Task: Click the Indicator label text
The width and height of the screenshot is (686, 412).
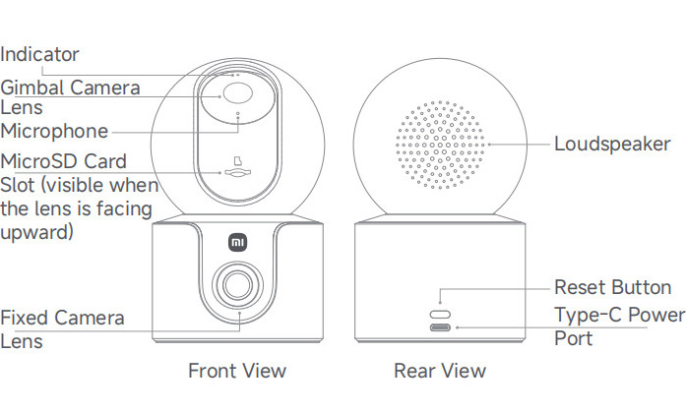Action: pos(39,54)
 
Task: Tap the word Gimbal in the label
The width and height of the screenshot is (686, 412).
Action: pos(32,88)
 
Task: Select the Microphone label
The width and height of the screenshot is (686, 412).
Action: pos(54,131)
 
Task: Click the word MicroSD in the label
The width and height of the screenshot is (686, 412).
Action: pos(38,161)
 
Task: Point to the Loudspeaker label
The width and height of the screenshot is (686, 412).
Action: pos(612,144)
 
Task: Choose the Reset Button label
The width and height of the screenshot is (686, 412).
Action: pos(613,287)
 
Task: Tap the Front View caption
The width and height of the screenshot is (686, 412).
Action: pos(237,371)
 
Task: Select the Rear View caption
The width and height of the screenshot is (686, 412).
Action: pos(440,371)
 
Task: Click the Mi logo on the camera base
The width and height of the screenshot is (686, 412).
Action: pos(238,243)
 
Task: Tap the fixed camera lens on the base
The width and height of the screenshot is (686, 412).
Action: pos(237,285)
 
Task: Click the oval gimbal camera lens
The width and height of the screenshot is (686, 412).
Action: pos(237,92)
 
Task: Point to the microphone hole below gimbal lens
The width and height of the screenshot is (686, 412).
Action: pos(238,114)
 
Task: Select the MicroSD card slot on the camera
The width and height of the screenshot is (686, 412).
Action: pos(237,173)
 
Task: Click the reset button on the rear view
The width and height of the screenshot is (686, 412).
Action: pos(440,314)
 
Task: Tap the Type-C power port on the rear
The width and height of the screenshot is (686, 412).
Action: pos(440,327)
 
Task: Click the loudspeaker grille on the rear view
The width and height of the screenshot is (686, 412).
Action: pos(440,145)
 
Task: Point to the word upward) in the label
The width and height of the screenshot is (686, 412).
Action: pos(36,232)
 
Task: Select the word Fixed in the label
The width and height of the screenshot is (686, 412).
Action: pos(25,318)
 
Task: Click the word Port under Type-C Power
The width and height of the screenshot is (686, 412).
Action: pos(573,338)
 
